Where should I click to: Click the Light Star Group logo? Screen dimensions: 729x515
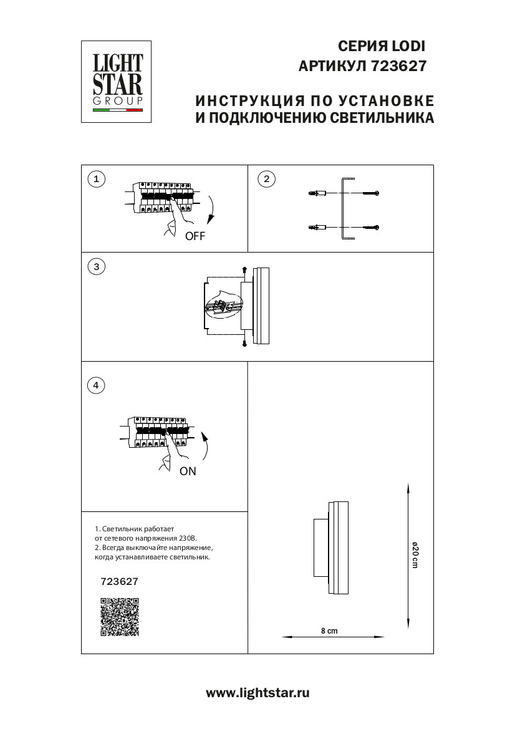[118, 81]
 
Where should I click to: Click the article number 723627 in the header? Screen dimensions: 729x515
[398, 65]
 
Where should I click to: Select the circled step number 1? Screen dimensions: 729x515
[95, 180]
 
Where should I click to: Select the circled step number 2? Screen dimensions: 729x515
[266, 180]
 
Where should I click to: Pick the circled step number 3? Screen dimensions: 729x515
[95, 267]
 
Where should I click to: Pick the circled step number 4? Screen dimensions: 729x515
[95, 385]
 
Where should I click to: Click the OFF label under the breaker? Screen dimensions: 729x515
[195, 237]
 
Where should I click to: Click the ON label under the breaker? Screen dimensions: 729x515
[188, 471]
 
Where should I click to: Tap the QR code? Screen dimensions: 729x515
[119, 617]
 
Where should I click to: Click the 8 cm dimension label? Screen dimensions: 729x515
[329, 631]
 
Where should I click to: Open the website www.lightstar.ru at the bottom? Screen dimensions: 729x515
[257, 693]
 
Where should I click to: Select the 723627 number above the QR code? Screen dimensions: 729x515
[119, 581]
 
